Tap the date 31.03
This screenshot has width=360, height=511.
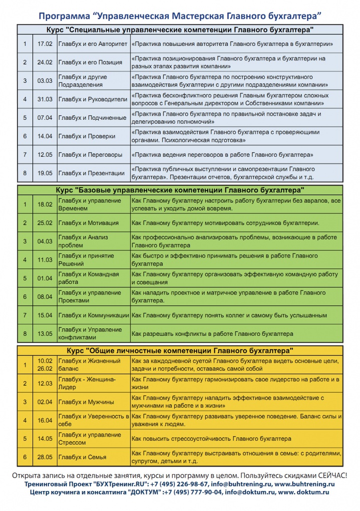coord(45,99)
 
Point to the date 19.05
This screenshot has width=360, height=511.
coord(45,173)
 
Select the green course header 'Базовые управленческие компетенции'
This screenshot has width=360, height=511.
coord(180,190)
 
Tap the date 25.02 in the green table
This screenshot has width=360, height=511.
coord(45,223)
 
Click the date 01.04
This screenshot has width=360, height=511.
coord(45,278)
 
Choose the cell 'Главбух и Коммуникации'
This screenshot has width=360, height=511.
coord(93,315)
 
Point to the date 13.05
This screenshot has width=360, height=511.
coord(45,333)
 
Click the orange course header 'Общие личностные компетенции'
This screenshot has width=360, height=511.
coord(180,350)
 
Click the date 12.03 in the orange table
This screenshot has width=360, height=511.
coord(45,383)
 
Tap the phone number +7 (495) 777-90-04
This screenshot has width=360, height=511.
coord(197,493)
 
